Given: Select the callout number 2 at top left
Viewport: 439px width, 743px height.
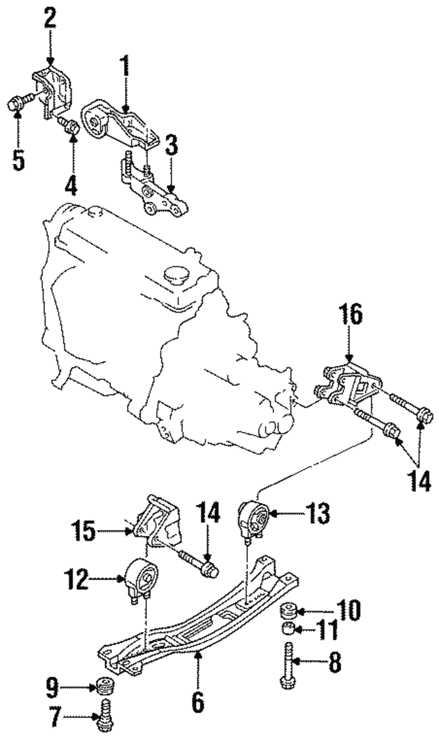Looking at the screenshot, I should coord(50,18).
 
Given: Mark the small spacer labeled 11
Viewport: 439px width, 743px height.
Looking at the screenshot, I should coord(288,628).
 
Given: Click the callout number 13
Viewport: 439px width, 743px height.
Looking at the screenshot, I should coord(317,513).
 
